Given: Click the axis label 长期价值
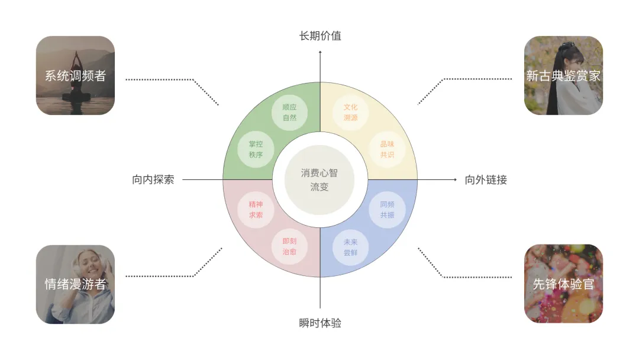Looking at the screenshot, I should point(320,36).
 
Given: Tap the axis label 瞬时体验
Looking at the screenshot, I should point(320,323).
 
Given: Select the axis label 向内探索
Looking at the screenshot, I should point(153,179).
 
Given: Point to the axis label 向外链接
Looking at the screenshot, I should point(486,179).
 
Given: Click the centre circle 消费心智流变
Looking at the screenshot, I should point(319,179).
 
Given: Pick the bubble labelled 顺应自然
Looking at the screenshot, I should point(289,112).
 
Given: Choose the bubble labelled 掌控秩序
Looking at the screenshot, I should point(256,149).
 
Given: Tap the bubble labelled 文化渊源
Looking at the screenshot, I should point(351,112).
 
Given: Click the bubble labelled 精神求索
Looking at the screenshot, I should point(256,210).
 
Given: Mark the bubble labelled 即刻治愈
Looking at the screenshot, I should point(289,246).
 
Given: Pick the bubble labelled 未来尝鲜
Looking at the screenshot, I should point(351,246).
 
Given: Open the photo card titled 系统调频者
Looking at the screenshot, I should point(75,75).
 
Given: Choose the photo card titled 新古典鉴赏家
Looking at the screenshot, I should point(563,75).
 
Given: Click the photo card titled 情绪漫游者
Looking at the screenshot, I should point(75,284).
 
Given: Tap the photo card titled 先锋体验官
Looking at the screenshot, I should point(563,284).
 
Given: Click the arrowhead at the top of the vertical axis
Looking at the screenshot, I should point(320,53).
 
